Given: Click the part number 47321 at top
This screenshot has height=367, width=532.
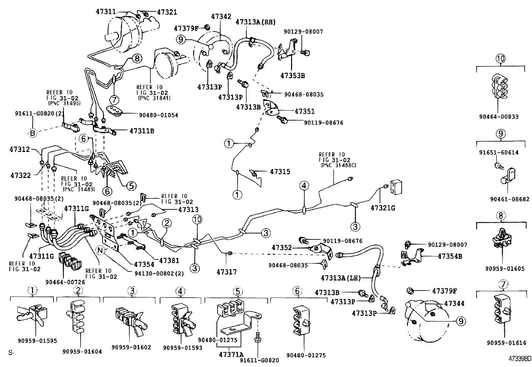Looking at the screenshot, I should (167, 12).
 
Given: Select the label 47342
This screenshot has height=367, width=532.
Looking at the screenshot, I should (221, 16).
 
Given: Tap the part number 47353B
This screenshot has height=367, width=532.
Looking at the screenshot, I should (292, 75).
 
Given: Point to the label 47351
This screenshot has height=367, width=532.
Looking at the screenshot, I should (304, 111).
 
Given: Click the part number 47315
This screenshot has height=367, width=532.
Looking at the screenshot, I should (280, 172).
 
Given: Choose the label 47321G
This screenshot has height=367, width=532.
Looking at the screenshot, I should (383, 208).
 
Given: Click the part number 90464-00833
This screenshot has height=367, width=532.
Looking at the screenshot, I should (498, 117).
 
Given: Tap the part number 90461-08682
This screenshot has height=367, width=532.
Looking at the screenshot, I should (510, 199).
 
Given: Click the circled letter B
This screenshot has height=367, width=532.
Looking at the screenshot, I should (32, 133).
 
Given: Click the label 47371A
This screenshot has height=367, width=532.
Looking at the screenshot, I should (231, 353).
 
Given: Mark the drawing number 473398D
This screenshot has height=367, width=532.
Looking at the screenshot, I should (519, 359).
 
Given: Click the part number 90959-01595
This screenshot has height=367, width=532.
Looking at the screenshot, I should (37, 341).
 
